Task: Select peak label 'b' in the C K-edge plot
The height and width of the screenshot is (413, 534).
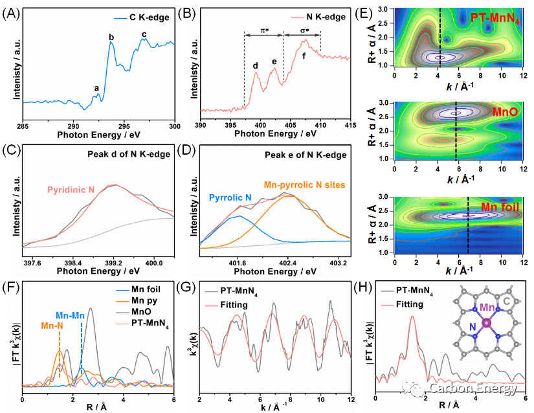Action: tap(111, 37)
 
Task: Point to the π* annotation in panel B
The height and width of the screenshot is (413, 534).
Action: tap(263, 30)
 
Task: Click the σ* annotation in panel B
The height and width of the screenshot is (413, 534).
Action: tap(302, 30)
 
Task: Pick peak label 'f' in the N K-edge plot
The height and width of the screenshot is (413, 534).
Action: tap(304, 56)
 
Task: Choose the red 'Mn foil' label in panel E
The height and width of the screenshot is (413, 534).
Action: tap(498, 207)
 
